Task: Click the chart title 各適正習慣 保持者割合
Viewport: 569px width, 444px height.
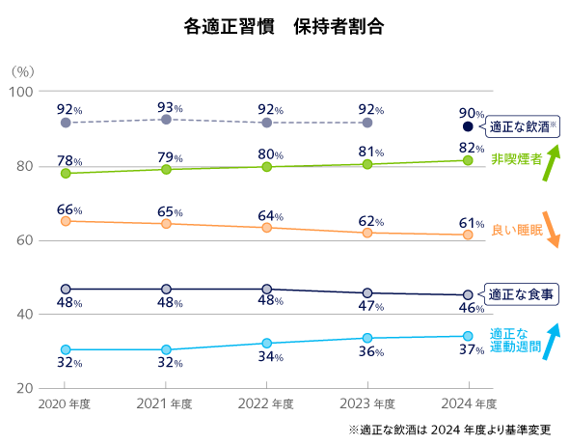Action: point(284,27)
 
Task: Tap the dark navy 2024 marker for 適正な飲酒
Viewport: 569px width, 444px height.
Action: point(468,126)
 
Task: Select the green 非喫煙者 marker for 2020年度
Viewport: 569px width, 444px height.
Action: point(66,174)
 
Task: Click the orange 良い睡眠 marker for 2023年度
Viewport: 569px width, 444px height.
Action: point(367,233)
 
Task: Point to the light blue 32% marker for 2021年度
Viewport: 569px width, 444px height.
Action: point(166,349)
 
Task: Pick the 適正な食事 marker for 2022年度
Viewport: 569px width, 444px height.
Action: point(267,290)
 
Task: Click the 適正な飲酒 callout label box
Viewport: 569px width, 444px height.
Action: point(524,126)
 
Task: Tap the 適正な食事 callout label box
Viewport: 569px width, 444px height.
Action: point(521,294)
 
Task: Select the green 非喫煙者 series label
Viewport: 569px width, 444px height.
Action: point(516,159)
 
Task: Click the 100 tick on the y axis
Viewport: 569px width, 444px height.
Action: point(21,92)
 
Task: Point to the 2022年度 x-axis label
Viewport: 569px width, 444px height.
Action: point(266,403)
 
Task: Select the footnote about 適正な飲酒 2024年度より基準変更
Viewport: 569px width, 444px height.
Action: point(451,429)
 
